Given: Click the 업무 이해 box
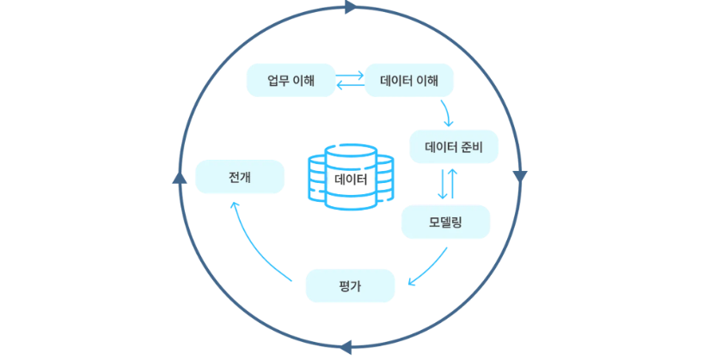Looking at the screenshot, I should click(291, 81).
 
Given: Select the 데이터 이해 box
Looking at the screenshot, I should click(409, 81).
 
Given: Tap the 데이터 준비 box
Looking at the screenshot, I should click(454, 147).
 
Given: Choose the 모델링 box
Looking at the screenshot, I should click(445, 222).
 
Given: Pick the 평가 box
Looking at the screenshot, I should click(350, 286).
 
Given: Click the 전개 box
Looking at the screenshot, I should click(240, 177).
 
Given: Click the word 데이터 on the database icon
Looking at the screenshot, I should click(350, 180).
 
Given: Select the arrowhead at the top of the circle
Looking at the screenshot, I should click(351, 7).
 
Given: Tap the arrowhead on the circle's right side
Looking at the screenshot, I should click(519, 176).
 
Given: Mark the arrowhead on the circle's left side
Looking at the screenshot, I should click(180, 177).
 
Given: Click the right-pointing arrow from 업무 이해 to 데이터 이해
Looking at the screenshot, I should click(349, 75).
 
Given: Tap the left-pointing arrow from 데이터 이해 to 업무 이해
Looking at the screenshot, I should click(349, 86).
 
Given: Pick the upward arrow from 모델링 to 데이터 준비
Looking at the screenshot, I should click(453, 184).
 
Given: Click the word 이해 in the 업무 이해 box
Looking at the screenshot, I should click(302, 81).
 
